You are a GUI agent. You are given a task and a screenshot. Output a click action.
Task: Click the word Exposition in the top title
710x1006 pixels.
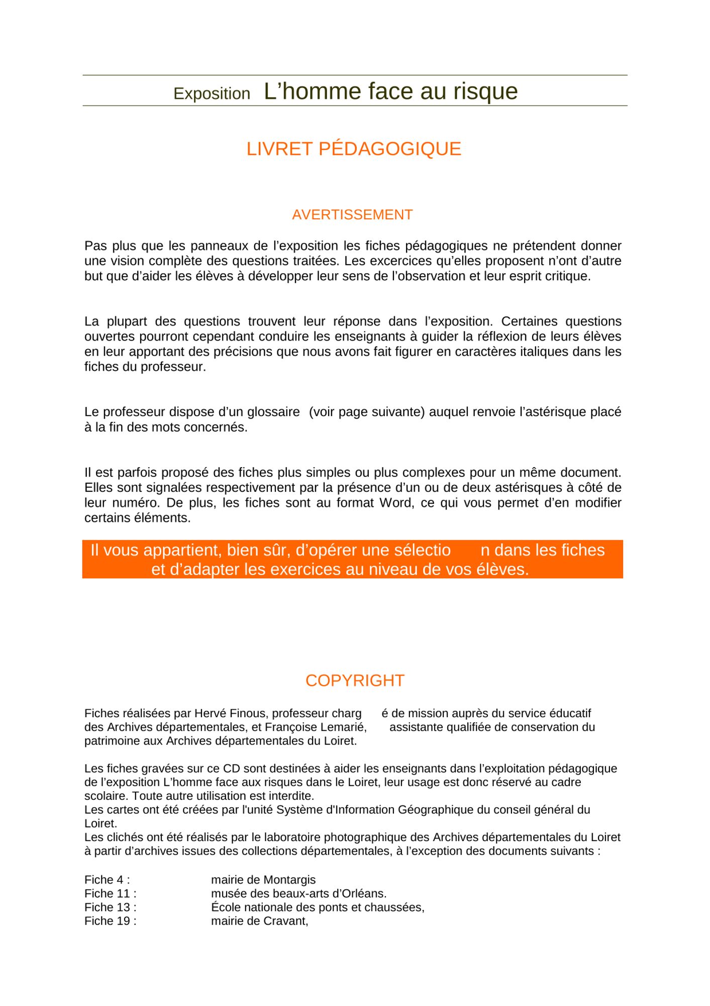(x=212, y=94)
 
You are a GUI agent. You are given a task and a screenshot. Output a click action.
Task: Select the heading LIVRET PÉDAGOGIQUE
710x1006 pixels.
(x=354, y=149)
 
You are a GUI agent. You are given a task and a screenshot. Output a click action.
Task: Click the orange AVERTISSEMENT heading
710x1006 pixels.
(x=352, y=215)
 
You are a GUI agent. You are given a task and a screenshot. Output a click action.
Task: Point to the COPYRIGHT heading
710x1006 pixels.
(x=355, y=681)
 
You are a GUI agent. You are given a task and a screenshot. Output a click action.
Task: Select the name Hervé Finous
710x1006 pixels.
(x=230, y=713)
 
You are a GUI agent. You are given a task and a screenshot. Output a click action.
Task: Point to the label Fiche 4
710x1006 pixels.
(x=107, y=880)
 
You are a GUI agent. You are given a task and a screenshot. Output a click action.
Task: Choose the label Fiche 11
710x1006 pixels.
(x=110, y=893)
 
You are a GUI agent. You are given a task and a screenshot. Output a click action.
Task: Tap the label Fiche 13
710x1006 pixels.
(x=110, y=907)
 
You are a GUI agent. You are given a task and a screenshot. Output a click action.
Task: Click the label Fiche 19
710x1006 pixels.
(x=110, y=921)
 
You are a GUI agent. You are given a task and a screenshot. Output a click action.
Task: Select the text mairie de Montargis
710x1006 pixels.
(x=263, y=880)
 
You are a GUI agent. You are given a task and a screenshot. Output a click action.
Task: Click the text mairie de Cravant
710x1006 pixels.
(x=259, y=921)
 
